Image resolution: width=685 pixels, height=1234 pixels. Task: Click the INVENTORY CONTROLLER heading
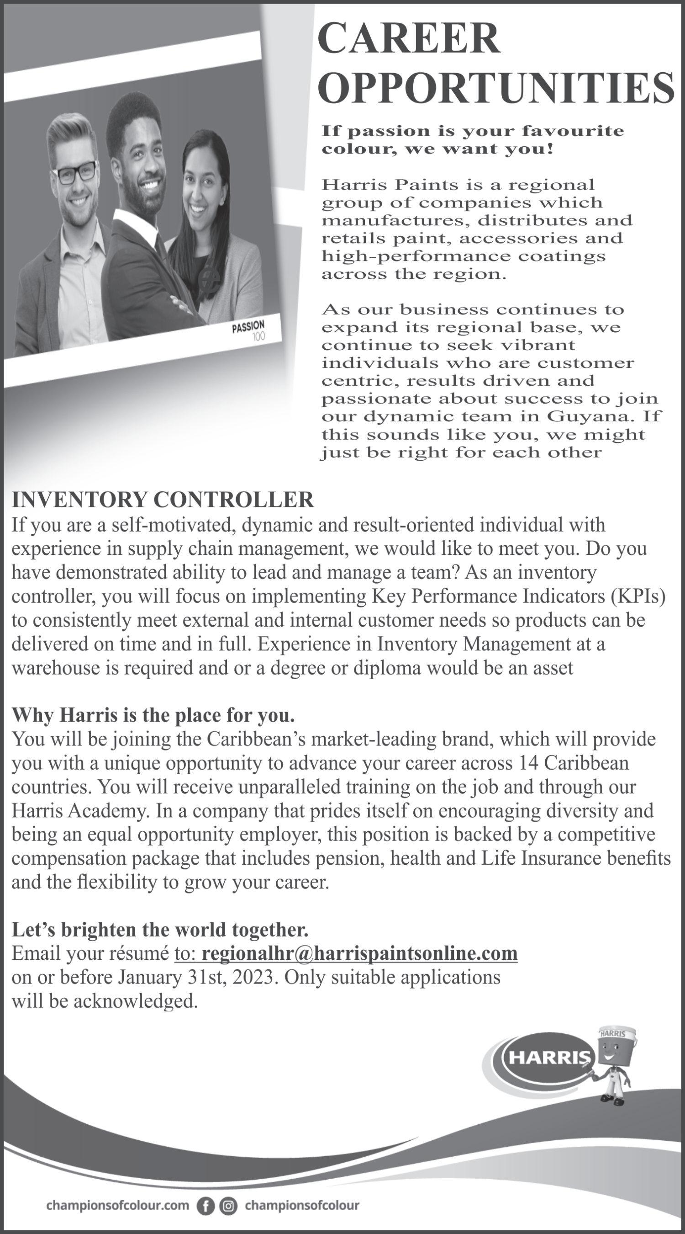click(163, 500)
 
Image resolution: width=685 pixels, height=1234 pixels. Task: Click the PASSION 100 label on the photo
click(249, 330)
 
